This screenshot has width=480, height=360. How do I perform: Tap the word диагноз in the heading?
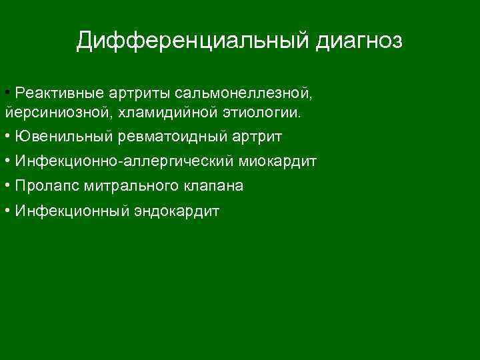click(359, 41)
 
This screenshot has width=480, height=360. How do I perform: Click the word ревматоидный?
click(173, 137)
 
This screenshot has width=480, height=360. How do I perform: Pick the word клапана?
click(213, 186)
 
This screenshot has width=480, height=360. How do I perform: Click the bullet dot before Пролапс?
click(6, 186)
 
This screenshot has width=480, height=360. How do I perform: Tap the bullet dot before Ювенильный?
click(6, 137)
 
